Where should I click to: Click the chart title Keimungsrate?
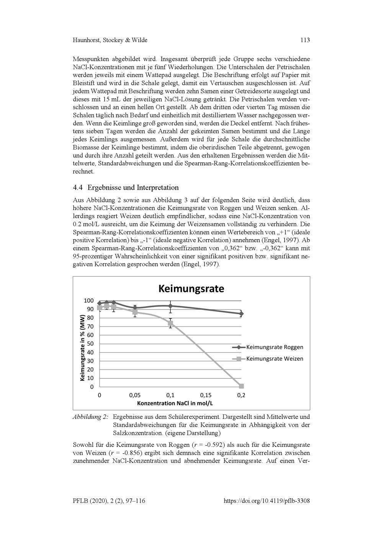[x=191, y=288]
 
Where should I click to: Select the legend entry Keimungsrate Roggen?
[x=274, y=347]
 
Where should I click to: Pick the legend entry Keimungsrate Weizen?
[x=274, y=359]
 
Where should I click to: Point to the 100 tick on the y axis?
[x=88, y=301]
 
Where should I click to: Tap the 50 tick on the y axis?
[x=90, y=344]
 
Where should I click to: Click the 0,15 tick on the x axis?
[x=206, y=395]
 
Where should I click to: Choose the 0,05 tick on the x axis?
[x=135, y=395]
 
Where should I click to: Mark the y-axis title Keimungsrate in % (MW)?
[x=82, y=347]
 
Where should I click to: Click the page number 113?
[x=305, y=40]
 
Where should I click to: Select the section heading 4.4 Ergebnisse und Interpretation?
[x=126, y=188]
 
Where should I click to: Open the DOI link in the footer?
[x=266, y=501]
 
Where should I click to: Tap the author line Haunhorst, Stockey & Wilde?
[x=110, y=40]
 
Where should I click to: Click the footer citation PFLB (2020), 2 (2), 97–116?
[x=109, y=501]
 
